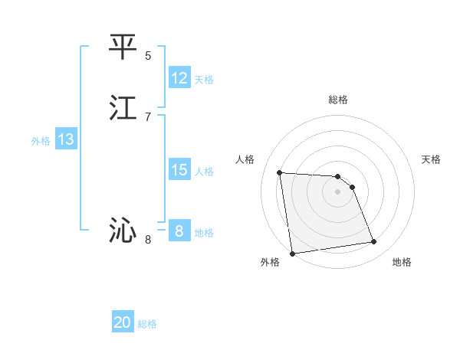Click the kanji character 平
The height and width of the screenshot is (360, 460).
click(x=123, y=47)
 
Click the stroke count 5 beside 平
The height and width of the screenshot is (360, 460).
click(x=148, y=55)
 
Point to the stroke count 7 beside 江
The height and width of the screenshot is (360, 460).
click(x=148, y=116)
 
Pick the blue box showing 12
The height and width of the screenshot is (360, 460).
click(x=179, y=78)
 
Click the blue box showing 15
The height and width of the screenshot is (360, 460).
click(x=179, y=170)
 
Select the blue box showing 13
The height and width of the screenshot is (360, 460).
click(x=66, y=139)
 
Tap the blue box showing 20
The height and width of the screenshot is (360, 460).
click(x=123, y=322)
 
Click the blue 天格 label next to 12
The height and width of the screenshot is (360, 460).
click(x=204, y=80)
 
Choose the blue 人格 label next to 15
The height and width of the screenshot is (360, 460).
click(x=205, y=172)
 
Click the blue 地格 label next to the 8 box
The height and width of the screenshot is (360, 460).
click(x=204, y=233)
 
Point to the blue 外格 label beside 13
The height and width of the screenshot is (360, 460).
click(x=41, y=141)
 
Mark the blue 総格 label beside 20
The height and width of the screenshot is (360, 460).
click(x=147, y=324)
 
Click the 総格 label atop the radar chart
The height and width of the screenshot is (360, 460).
click(x=338, y=100)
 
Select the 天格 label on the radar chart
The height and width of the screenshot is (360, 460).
click(x=432, y=159)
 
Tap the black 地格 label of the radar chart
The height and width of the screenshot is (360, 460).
click(x=402, y=262)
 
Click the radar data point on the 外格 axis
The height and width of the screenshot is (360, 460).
click(x=292, y=253)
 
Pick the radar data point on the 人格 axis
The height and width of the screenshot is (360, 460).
click(x=280, y=172)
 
